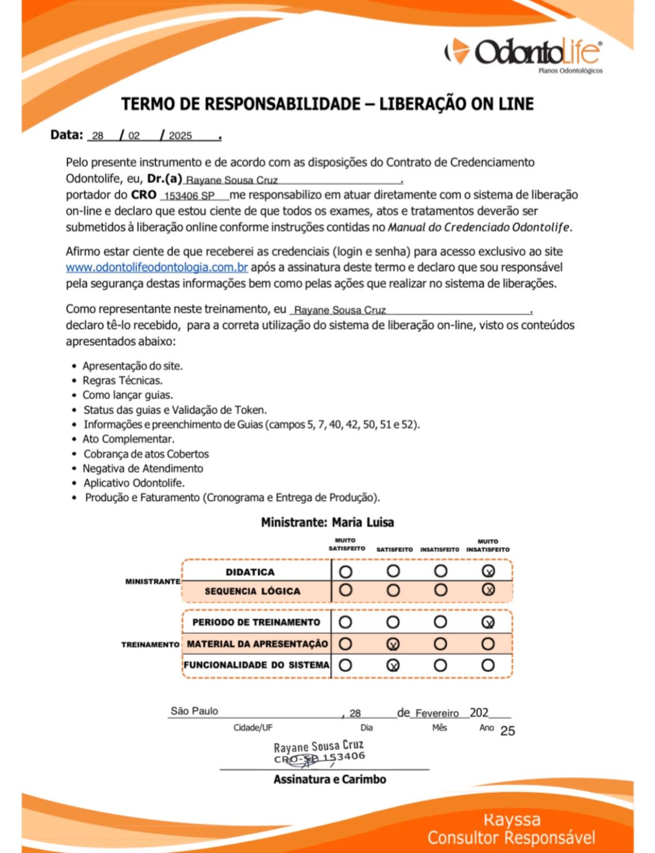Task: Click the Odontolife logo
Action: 523,53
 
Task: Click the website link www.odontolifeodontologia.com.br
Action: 157,267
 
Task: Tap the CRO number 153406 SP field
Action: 189,196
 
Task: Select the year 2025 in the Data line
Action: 180,136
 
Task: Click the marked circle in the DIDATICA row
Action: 488,571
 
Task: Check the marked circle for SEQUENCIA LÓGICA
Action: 488,590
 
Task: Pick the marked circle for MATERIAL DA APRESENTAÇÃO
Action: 393,644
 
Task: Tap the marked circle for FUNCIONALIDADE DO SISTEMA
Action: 393,665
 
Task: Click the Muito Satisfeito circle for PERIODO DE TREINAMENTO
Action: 345,622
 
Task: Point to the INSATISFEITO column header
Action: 439,550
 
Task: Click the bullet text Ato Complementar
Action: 128,439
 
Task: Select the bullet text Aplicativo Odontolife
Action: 134,483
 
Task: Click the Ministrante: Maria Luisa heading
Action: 327,522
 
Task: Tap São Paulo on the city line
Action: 194,711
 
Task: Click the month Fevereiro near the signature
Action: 437,713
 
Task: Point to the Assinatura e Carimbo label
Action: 330,779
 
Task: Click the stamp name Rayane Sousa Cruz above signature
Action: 319,747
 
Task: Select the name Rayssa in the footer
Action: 512,819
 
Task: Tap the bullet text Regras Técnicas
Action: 123,381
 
